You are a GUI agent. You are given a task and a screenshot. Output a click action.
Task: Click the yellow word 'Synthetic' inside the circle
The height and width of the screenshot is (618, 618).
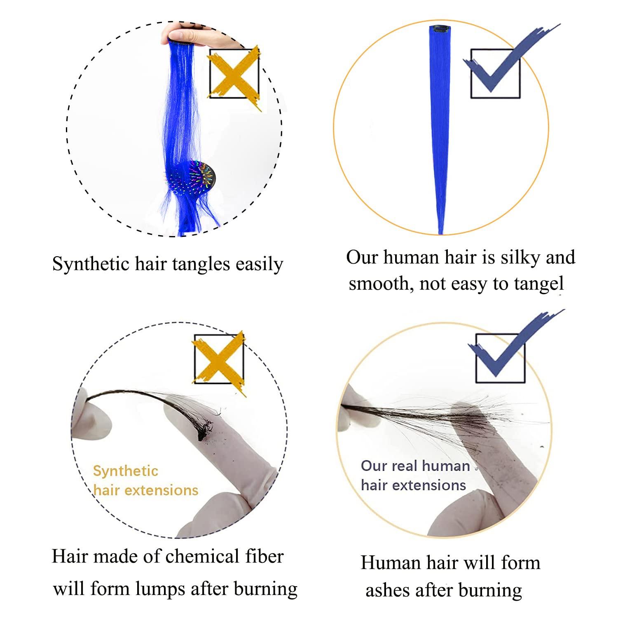click(x=126, y=471)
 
